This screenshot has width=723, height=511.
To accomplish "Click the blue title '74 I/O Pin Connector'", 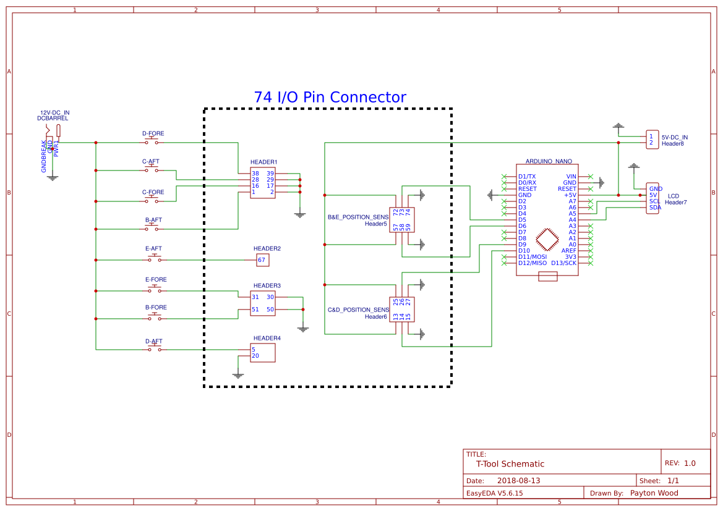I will point(330,98).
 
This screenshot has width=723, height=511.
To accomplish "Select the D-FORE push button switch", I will point(152,142).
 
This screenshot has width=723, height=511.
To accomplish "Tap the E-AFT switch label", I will point(153,248).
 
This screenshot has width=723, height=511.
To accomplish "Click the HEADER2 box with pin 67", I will point(263,260).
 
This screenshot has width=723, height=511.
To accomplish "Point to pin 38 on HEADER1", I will point(255,173).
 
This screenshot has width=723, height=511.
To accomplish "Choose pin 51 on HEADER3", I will point(255,310).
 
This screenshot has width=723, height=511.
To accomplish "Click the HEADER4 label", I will point(267,338).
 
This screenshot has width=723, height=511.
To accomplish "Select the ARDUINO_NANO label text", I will point(548,161).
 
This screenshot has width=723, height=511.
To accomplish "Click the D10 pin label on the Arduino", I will point(524,250).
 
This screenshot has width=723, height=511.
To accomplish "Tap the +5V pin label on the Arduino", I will point(570,195).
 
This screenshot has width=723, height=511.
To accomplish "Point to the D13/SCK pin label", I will point(563,263).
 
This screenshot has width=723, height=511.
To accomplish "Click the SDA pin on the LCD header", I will point(655,208).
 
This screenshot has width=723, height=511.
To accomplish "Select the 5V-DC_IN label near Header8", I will point(674,137).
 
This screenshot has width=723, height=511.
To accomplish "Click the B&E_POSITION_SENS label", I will point(358,217).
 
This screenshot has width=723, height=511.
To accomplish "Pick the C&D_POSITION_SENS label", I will point(358,310).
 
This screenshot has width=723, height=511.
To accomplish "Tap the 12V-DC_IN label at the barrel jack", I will point(55,112).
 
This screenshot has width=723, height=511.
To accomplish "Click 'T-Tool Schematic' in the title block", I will point(510,464).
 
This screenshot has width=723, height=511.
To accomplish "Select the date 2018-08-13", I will point(518,481).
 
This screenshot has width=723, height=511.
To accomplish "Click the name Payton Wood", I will point(654,493).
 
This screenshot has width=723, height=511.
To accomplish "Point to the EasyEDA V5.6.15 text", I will point(494,493).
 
